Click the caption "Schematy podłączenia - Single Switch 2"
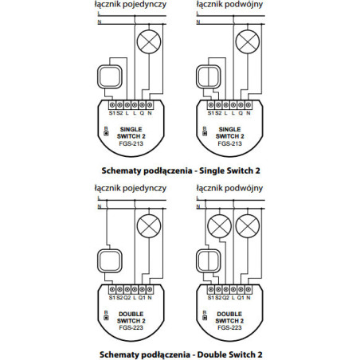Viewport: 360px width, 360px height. click(x=182, y=170)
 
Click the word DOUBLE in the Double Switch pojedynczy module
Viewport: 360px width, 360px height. click(x=129, y=314)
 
